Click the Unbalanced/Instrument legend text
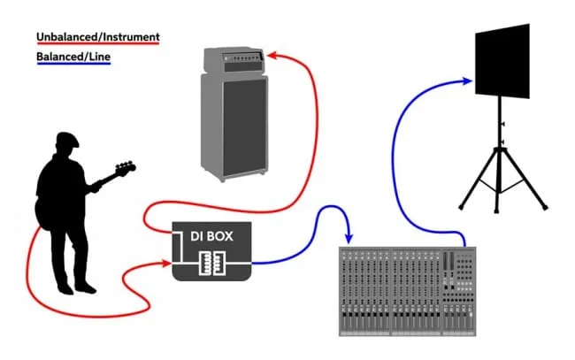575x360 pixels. tap(97, 37)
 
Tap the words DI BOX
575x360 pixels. tap(211, 236)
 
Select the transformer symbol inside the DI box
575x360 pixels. tap(211, 263)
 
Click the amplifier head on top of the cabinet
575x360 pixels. tap(234, 62)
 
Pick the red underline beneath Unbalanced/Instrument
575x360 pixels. tap(97, 45)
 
